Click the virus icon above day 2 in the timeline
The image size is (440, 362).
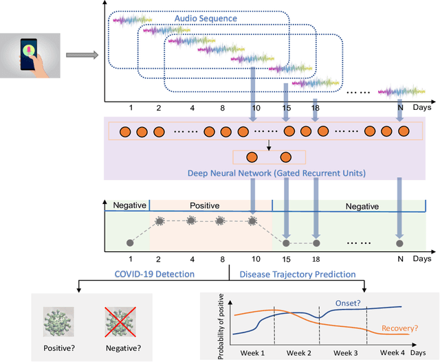coord(159,221)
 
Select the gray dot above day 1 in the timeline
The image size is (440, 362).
coord(130,242)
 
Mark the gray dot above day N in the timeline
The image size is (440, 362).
coord(399,242)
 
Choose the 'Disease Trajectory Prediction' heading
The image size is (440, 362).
coord(298,275)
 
